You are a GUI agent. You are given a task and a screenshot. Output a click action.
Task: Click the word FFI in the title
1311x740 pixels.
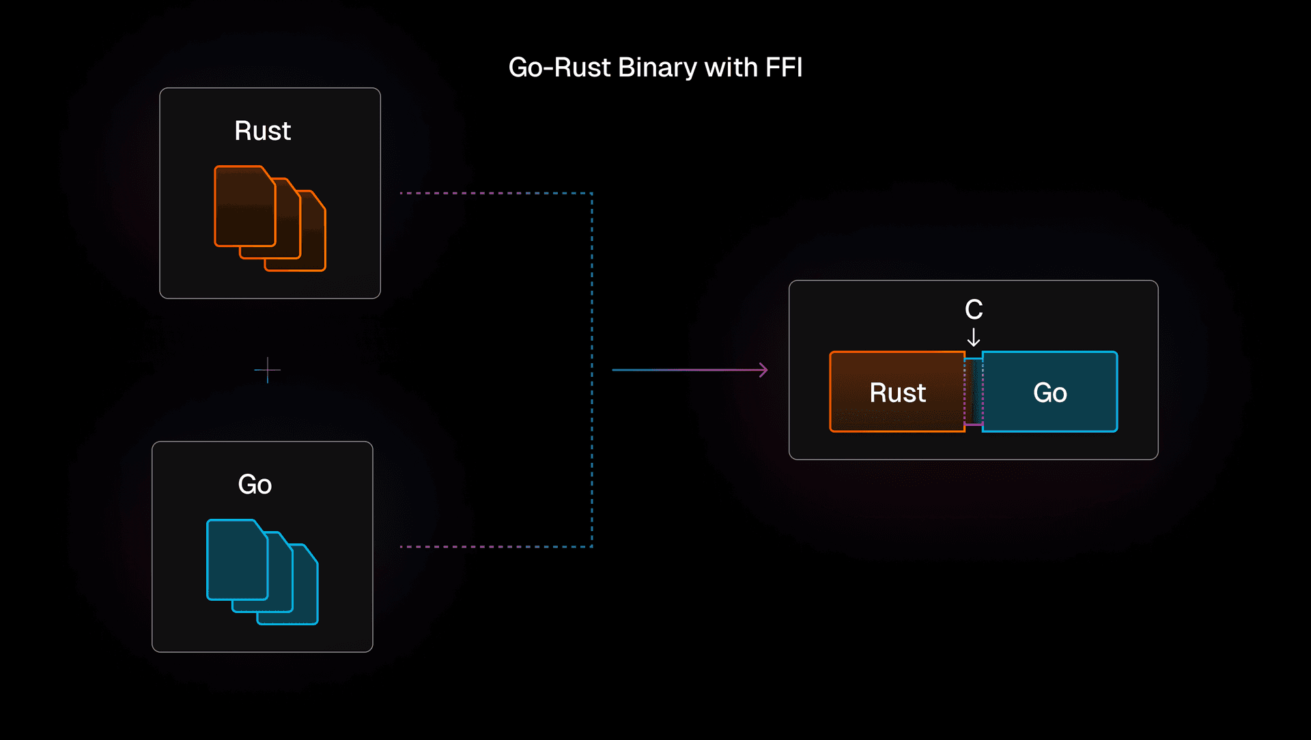point(783,68)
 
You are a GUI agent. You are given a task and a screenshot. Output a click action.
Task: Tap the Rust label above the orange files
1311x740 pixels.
point(263,130)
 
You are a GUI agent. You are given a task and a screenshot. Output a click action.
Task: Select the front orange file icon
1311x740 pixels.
point(243,207)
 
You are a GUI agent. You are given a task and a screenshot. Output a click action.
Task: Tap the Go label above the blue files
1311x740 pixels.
point(255,484)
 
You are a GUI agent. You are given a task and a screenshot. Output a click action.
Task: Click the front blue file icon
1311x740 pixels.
point(236,560)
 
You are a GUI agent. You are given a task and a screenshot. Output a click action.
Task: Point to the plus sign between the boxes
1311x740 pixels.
point(267,370)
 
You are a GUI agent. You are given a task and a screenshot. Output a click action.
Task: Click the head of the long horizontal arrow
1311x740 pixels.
point(763,370)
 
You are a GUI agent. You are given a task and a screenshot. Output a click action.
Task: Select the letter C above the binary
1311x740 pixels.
point(974,310)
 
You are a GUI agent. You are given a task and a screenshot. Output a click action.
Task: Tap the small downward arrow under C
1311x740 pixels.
point(974,337)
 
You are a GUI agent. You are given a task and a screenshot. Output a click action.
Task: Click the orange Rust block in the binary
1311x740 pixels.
point(897,392)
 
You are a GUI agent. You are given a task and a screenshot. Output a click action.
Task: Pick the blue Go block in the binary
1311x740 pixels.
point(1050,392)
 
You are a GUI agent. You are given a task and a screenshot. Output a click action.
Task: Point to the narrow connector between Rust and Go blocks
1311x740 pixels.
point(974,392)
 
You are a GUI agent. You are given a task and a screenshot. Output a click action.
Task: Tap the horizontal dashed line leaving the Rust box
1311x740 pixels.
point(495,193)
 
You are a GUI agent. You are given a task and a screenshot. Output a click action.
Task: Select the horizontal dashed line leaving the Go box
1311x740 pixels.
point(495,547)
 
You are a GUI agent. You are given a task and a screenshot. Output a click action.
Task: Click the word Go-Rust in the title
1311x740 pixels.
point(560,68)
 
